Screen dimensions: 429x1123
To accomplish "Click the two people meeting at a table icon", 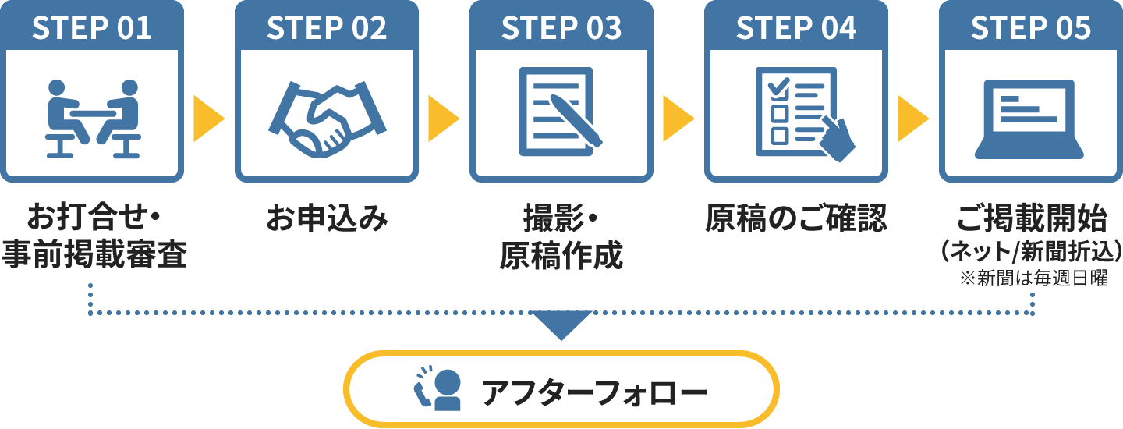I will (93, 117).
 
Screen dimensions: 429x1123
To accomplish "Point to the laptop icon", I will (1029, 117).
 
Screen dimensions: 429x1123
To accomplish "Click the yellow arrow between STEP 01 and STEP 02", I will (207, 119).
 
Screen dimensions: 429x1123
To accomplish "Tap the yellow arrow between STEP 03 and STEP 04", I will (677, 119).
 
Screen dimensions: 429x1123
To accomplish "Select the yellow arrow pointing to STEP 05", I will (912, 119).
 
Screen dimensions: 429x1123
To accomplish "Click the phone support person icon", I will (438, 387).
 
